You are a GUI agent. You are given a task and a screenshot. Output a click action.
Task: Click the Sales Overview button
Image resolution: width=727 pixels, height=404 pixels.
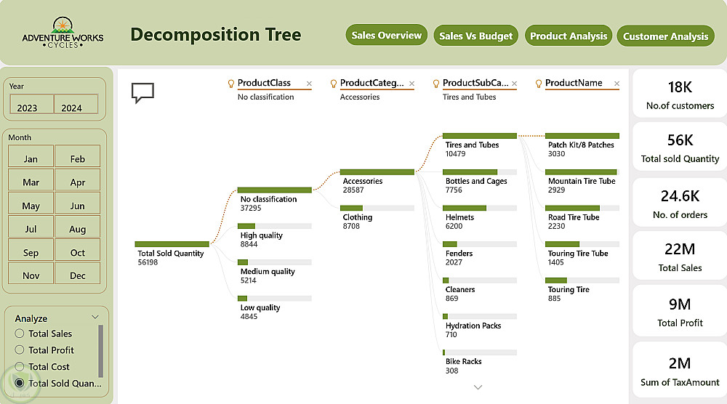(386, 35)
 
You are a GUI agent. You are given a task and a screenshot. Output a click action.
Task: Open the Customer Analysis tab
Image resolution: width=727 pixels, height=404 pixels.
(665, 36)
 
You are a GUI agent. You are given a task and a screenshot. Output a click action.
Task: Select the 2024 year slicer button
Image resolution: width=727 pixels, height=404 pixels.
(76, 104)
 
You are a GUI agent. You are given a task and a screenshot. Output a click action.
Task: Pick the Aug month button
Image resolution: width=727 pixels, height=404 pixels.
(78, 226)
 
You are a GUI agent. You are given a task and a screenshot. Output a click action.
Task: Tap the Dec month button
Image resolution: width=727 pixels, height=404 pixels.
(78, 273)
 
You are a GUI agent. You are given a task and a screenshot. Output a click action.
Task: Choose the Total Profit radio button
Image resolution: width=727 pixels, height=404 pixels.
(20, 350)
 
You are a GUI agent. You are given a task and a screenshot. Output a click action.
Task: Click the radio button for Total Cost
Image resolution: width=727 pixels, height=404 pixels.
(20, 366)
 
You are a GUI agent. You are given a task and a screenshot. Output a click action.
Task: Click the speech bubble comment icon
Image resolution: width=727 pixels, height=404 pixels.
(142, 93)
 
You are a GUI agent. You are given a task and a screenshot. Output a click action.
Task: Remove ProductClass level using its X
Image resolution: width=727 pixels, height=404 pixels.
(309, 84)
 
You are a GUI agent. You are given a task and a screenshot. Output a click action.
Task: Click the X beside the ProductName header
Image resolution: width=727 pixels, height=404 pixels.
(616, 84)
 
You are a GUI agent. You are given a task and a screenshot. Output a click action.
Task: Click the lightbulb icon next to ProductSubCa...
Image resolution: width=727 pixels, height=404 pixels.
(435, 84)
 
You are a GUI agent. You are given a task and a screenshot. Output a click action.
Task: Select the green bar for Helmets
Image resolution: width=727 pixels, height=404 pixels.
(465, 208)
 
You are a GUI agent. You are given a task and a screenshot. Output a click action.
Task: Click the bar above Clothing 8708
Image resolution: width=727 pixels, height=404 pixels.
(351, 208)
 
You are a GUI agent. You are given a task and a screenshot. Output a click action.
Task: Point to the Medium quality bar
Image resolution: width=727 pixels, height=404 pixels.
(243, 262)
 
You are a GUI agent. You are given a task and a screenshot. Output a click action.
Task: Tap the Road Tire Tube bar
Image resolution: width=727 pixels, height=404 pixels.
(573, 208)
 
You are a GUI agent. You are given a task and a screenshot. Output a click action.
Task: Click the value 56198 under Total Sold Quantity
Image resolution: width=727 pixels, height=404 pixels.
(148, 262)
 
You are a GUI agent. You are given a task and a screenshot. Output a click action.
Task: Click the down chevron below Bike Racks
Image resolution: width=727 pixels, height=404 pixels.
(478, 387)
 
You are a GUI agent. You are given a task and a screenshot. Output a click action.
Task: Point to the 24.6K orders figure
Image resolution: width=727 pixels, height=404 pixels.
(680, 196)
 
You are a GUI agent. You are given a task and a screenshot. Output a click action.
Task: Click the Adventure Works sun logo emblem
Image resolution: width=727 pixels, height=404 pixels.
(63, 25)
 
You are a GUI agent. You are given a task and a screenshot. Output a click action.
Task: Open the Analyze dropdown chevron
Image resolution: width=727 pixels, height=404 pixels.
(95, 318)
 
